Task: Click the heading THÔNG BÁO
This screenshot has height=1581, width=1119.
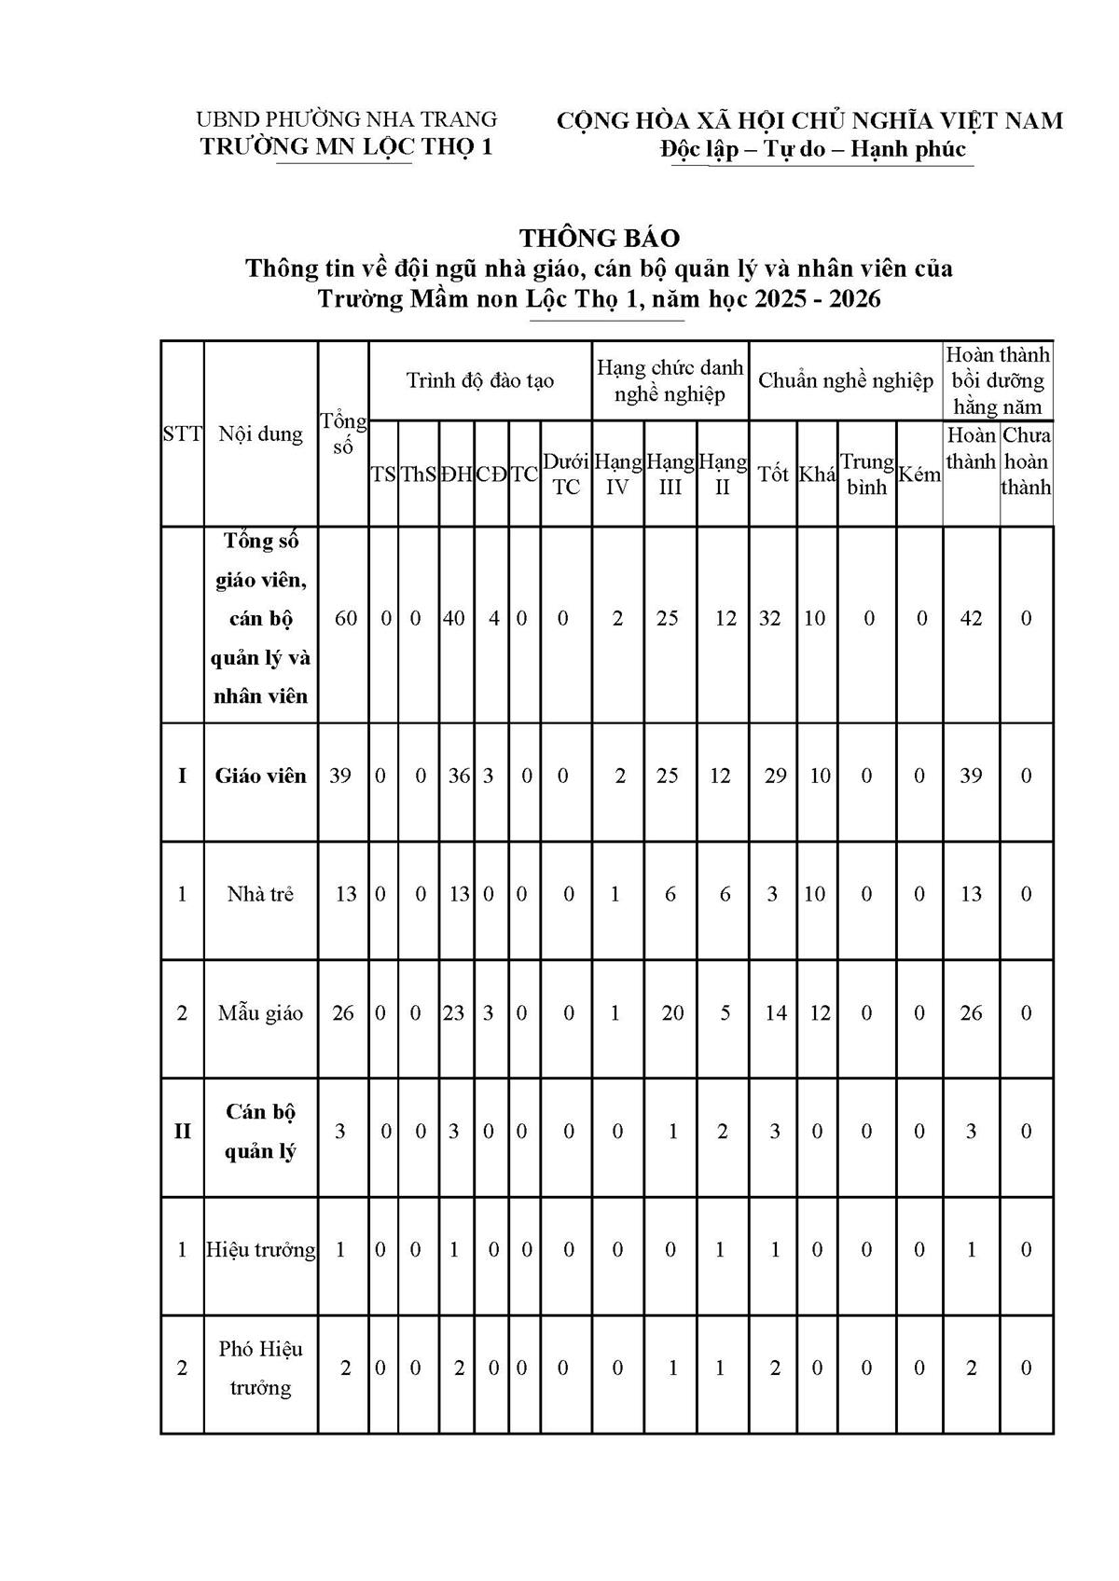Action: pos(600,238)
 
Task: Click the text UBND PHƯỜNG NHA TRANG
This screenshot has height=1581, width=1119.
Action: pos(346,119)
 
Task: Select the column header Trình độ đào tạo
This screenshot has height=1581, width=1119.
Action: pos(480,380)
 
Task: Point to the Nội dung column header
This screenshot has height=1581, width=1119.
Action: pos(260,433)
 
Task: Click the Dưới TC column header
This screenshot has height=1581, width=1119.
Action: pos(566,474)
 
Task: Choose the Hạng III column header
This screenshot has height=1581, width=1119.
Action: pos(670,474)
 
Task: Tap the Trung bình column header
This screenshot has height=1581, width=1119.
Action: pos(866,474)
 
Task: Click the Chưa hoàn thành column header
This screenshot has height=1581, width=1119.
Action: pos(1026,461)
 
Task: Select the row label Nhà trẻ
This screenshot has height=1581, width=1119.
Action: pos(260,894)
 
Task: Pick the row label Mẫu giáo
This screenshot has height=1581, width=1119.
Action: pos(260,1012)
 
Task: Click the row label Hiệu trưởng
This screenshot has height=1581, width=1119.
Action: pos(260,1249)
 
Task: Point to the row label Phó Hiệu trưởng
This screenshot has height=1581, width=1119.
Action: pos(260,1368)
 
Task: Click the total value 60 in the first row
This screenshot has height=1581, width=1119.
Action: pos(345,618)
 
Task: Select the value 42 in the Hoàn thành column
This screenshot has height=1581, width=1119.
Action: pos(971,618)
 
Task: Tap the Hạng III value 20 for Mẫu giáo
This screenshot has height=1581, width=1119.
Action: pos(672,1012)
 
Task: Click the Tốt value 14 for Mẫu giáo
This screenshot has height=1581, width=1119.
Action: pos(776,1012)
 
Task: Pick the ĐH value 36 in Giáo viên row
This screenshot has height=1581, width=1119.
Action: pos(458,776)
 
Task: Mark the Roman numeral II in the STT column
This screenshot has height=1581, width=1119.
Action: pos(182,1131)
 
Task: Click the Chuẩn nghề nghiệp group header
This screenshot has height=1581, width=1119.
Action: pos(845,380)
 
